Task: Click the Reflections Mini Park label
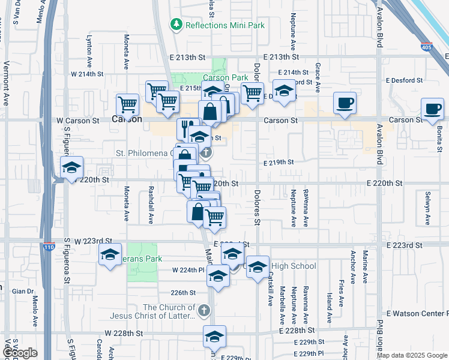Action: tap(224, 25)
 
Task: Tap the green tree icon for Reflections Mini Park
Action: tap(176, 25)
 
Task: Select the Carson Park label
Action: tap(225, 78)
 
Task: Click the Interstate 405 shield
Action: tap(426, 47)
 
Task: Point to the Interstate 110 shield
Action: tap(49, 247)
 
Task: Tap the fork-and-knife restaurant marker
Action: tap(187, 128)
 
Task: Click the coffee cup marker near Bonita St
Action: tap(432, 109)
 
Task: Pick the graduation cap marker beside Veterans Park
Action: tap(110, 254)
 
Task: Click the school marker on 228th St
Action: tap(214, 337)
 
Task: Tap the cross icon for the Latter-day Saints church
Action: tap(204, 310)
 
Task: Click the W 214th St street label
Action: tap(87, 74)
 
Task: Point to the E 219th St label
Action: tap(279, 162)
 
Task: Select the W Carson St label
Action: tap(78, 121)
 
